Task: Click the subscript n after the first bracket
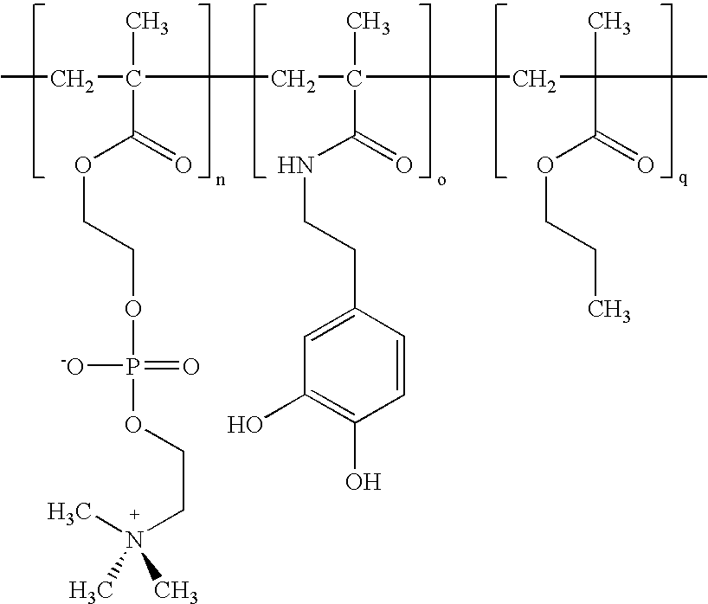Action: click(221, 181)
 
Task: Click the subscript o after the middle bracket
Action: click(441, 181)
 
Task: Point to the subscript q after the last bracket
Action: click(684, 181)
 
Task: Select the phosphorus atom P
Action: click(132, 367)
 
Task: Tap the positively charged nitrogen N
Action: click(133, 540)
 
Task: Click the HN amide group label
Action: click(295, 165)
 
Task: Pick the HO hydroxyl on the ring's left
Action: click(245, 425)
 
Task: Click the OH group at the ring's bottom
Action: click(364, 481)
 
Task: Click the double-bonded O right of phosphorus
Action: click(191, 367)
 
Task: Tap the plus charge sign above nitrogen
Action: click(134, 514)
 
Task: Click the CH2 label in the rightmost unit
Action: click(534, 80)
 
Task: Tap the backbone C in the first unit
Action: click(133, 80)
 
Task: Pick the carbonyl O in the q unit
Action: click(645, 165)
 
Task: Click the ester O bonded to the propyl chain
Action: click(545, 165)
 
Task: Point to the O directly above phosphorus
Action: click(132, 309)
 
